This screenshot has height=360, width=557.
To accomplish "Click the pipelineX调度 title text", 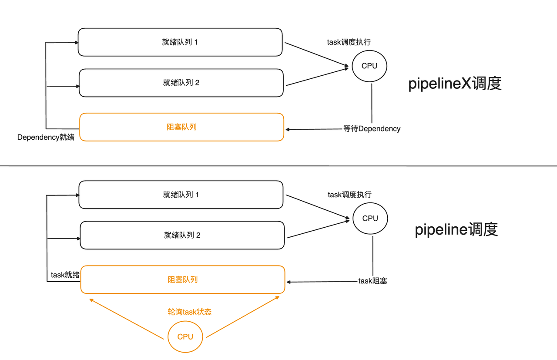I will tap(455, 83).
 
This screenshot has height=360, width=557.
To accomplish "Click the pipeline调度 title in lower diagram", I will tap(456, 229).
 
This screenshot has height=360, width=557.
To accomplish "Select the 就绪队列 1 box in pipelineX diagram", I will tap(180, 42).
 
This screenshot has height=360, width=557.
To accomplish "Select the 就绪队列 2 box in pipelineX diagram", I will tap(181, 83).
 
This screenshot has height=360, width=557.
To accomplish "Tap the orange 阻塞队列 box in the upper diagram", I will tap(181, 127).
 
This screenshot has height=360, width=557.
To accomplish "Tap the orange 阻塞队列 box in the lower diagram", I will tap(183, 279).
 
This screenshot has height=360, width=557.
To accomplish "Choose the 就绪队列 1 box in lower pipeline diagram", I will tap(181, 195).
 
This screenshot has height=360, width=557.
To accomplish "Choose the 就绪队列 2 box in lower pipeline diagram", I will tap(182, 235).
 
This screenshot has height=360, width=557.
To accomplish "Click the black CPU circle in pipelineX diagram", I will tap(369, 66).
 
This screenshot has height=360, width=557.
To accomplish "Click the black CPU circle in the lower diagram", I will tap(370, 218).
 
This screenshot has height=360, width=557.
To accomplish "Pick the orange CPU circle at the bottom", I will tap(185, 336).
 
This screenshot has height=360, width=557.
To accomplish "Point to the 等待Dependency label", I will tap(372, 129).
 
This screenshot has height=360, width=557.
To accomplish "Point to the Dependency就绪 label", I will tap(46, 138).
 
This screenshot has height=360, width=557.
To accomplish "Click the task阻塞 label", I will tap(372, 281).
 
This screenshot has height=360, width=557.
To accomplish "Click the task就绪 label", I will tap(65, 275).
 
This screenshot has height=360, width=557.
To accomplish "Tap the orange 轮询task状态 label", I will tap(190, 312).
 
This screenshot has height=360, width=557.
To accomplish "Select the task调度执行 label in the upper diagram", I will tap(349, 42).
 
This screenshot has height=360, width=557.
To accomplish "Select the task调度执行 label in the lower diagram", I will tap(350, 195).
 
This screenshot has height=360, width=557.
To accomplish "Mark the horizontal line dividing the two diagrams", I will tap(278, 166).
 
